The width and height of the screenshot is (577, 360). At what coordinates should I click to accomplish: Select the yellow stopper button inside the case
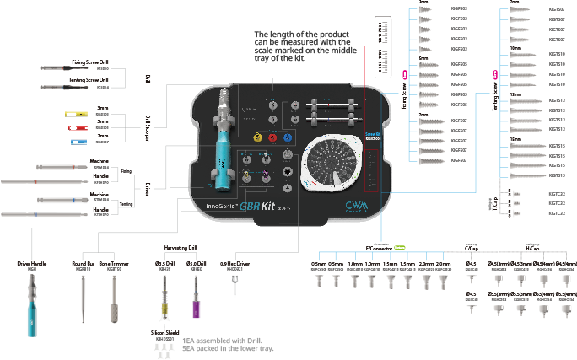256,137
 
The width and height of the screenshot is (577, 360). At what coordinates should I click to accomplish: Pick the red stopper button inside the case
272,137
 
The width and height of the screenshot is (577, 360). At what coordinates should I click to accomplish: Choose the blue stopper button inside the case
287,137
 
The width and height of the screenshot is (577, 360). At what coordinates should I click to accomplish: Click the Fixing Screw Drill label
91,61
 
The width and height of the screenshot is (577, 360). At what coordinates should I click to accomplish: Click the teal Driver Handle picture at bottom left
31,304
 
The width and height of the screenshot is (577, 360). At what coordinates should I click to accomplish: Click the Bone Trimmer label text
112,263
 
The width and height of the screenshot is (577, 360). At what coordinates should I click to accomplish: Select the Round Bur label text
82,263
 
